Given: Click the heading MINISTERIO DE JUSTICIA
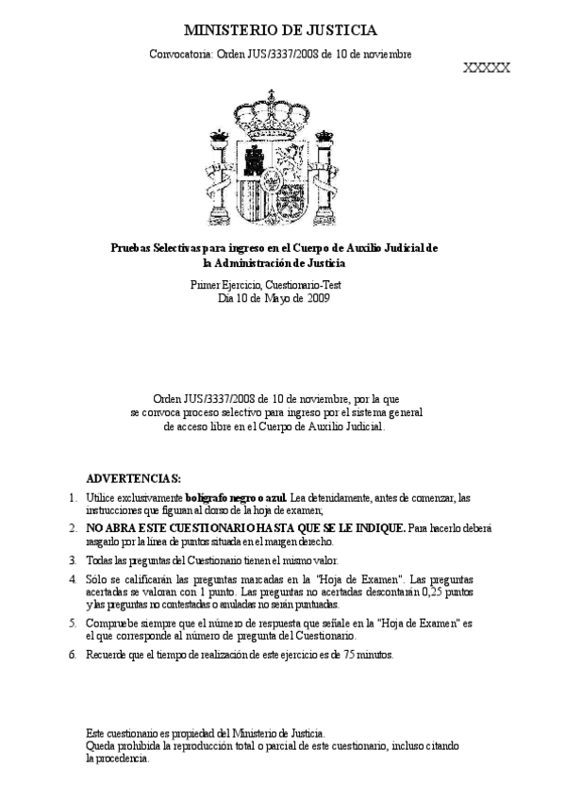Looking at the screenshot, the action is pos(279,31).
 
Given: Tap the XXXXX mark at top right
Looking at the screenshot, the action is pos(487,68).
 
